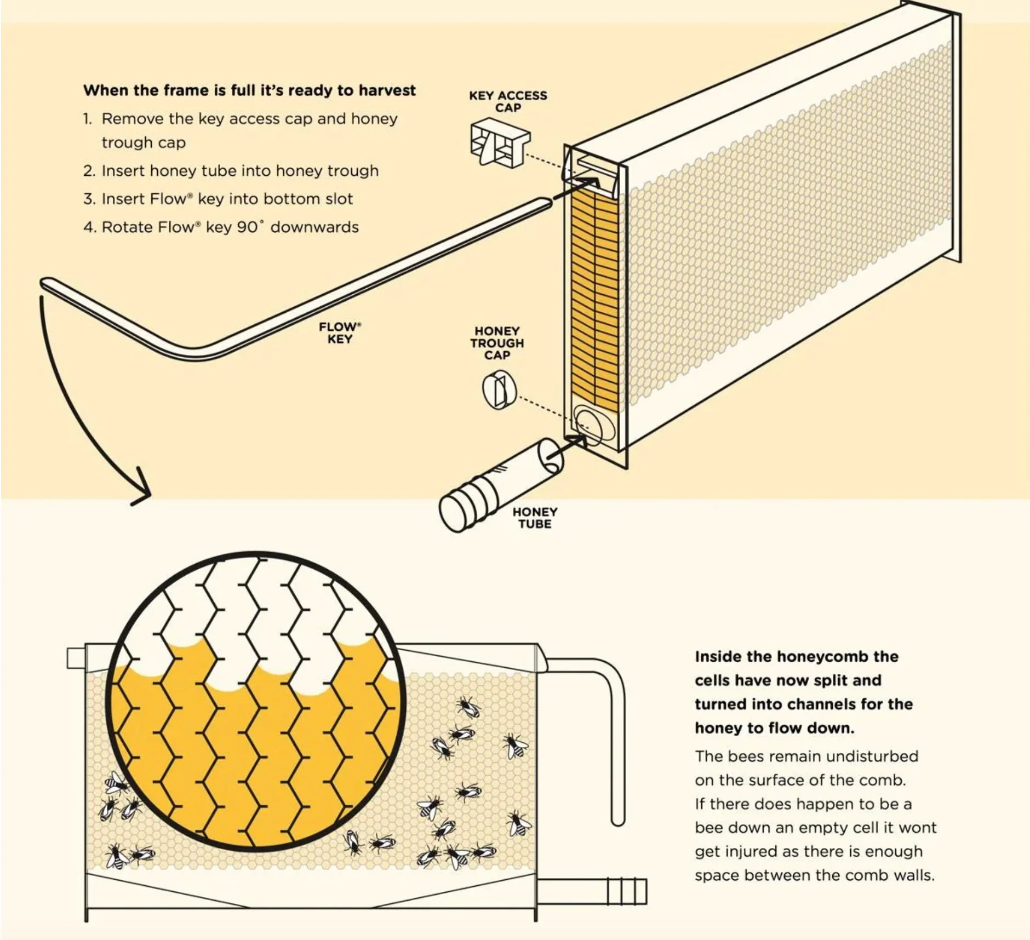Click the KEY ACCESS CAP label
pyautogui.click(x=508, y=101)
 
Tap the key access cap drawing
pyautogui.click(x=499, y=144)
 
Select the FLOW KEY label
pyautogui.click(x=340, y=333)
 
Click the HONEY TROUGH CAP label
pyautogui.click(x=497, y=343)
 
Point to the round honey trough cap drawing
pyautogui.click(x=499, y=389)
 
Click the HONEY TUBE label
pyautogui.click(x=535, y=518)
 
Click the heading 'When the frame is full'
pyautogui.click(x=249, y=90)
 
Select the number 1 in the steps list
pyautogui.click(x=87, y=119)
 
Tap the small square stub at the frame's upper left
pyautogui.click(x=76, y=657)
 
